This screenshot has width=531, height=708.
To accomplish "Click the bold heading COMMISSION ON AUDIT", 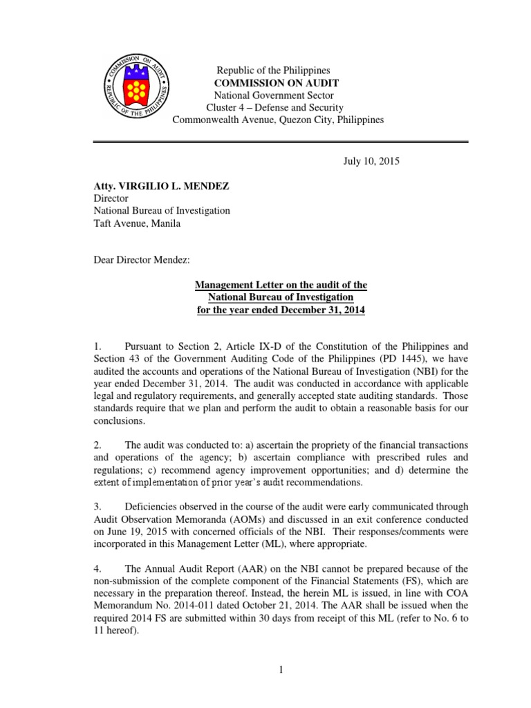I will click(x=274, y=83).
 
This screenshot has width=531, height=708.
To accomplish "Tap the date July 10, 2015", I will click(x=371, y=161).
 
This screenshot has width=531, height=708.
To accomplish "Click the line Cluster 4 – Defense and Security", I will click(x=274, y=108).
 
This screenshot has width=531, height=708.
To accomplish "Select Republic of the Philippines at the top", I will click(x=274, y=71).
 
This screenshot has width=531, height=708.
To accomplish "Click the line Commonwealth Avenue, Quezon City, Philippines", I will click(x=278, y=120).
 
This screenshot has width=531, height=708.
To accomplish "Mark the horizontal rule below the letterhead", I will click(x=281, y=142).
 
